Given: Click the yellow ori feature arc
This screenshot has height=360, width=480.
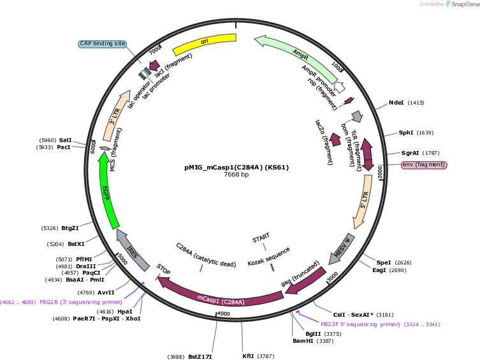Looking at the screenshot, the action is [205, 43].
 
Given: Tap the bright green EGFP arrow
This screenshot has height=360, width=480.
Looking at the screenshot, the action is [106, 190].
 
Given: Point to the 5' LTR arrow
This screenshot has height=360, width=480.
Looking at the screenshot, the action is [363, 202].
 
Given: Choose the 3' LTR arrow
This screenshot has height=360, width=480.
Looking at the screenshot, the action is [115, 115].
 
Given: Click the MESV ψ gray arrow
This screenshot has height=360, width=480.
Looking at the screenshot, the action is [342, 250].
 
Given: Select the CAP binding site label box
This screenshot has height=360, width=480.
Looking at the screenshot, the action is [103, 44].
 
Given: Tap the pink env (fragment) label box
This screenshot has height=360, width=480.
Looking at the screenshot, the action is [424, 165].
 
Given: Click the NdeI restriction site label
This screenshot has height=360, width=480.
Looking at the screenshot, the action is [396, 103].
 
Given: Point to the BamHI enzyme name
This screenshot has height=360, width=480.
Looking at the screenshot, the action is [303, 341].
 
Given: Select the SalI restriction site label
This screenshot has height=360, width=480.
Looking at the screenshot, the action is [65, 140].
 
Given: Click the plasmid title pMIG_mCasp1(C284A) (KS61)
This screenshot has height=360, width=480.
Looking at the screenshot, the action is [236, 168].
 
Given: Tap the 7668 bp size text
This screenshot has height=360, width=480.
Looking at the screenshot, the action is [236, 175].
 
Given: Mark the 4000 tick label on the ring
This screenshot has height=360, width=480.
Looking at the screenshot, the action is [224, 314].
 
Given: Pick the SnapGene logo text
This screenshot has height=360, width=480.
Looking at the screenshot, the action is [465, 4].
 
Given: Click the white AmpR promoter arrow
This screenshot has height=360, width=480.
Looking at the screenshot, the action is [339, 87].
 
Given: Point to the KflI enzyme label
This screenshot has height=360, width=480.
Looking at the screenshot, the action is [248, 356].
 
